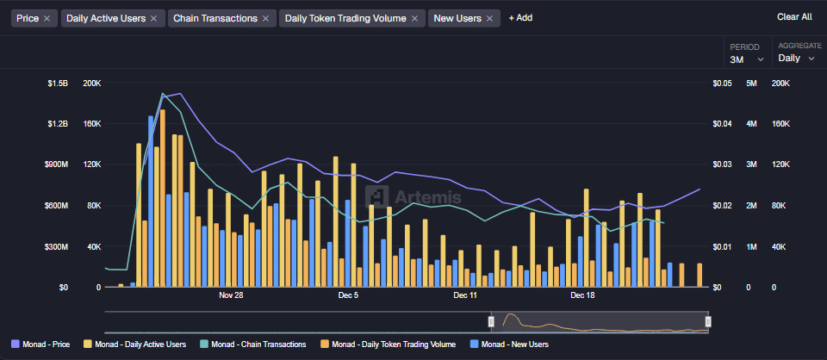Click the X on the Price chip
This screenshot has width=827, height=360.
tap(47, 18)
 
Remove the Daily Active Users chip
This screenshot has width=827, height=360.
tap(153, 18)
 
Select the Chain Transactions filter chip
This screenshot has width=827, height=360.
tap(215, 18)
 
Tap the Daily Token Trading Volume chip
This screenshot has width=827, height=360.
tap(345, 18)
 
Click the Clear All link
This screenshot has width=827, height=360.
tap(793, 16)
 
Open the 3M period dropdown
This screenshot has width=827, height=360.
tap(746, 59)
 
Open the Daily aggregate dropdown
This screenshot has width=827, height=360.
tap(795, 59)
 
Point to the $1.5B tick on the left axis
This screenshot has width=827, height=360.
tap(57, 84)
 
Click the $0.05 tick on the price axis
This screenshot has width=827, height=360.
tap(722, 84)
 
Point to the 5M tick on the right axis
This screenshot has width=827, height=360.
tap(751, 84)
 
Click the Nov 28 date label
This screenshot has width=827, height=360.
tap(231, 295)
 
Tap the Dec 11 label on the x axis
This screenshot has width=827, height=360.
tap(465, 295)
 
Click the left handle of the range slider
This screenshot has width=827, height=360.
tap(491, 321)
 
